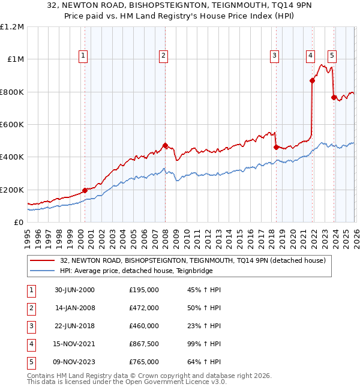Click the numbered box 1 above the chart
coord(83,56)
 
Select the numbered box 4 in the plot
coord(310,56)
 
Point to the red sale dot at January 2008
coord(165,145)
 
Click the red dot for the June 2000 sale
coord(85,190)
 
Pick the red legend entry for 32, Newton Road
coord(192,260)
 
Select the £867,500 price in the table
coord(144,344)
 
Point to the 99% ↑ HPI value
coord(204,344)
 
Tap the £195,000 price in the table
coord(144,290)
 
